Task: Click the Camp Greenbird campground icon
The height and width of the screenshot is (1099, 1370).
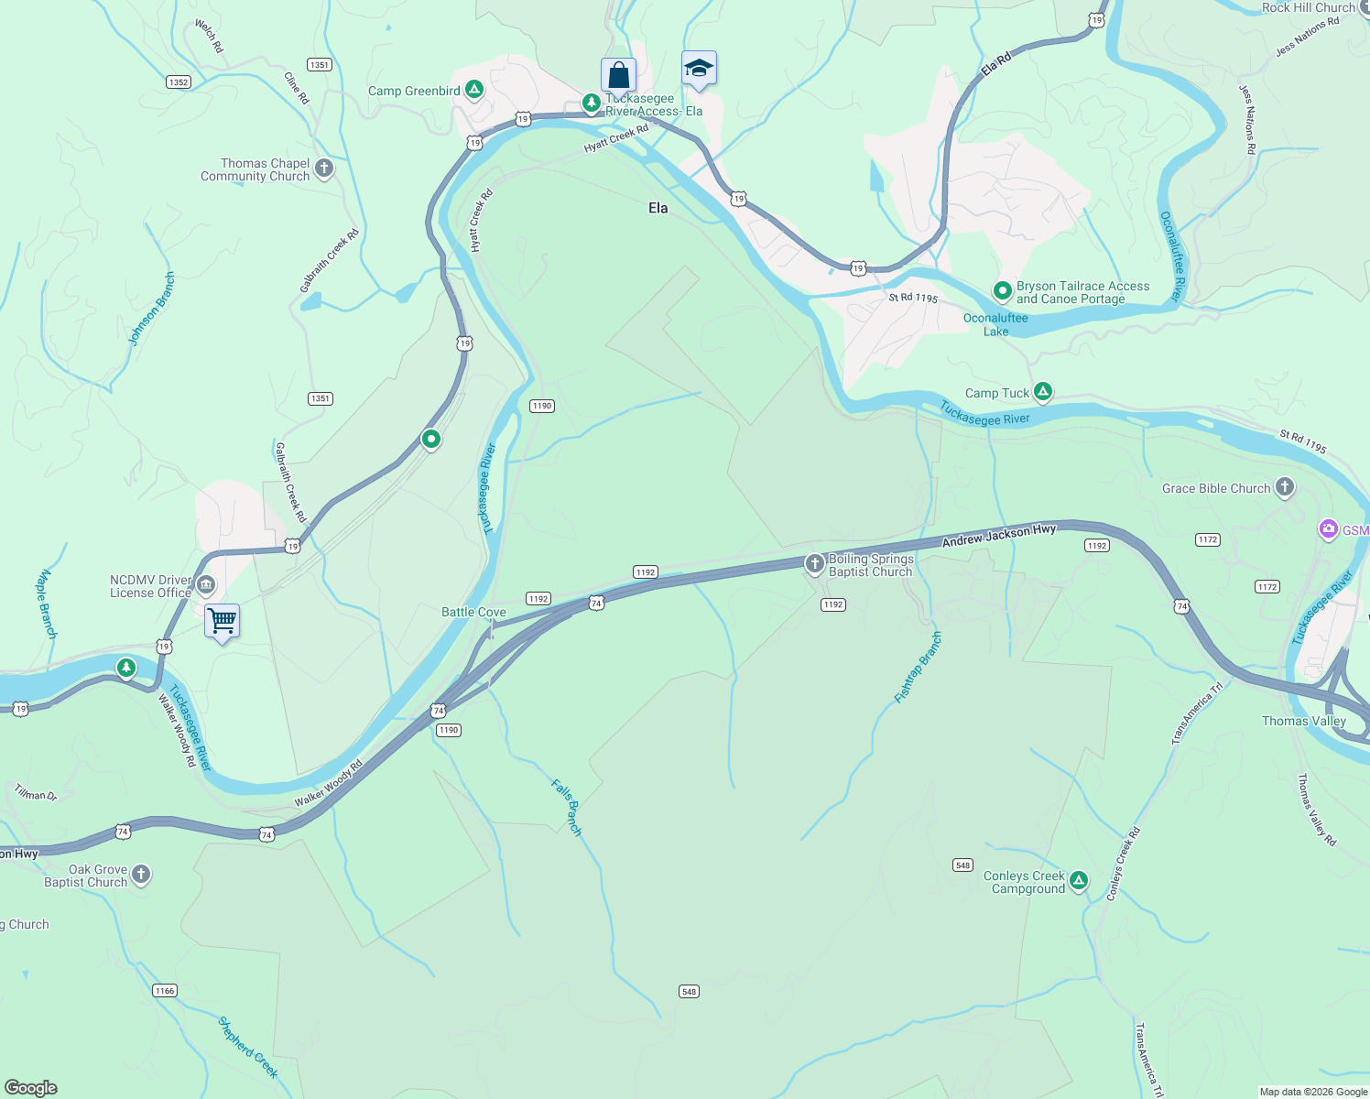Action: pos(473,90)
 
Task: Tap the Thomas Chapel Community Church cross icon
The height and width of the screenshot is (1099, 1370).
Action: pos(323,169)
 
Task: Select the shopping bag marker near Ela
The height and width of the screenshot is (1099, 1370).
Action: pos(618,74)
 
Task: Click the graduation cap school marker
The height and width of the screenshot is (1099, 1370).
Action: pos(699,69)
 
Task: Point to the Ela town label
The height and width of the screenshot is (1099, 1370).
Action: pos(658,208)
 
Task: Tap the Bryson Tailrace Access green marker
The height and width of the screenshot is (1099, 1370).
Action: pos(1002,292)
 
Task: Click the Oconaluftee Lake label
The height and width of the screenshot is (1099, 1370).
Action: pos(995,325)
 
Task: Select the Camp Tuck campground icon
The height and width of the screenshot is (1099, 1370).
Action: pos(1042,393)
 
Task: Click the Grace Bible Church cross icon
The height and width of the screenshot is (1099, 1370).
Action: pos(1285,487)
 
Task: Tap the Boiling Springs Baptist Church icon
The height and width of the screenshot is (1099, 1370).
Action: pos(814,564)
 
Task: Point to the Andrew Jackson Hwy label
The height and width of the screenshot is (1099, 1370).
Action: pos(999,535)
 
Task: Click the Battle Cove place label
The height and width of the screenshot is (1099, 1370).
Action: pos(473,612)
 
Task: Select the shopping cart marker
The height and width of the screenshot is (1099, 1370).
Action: pos(222,621)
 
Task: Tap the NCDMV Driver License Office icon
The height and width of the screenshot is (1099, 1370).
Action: pos(205,585)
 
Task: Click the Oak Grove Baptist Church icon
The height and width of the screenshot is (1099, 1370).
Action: pos(140,875)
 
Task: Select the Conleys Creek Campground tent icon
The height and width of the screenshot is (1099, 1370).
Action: pos(1079,881)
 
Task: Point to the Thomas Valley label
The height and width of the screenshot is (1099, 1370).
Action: pos(1303,721)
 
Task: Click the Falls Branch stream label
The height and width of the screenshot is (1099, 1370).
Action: pos(567,806)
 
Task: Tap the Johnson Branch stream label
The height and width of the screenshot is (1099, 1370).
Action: pos(152,309)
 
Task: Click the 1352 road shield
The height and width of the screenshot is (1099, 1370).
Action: pos(179,82)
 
